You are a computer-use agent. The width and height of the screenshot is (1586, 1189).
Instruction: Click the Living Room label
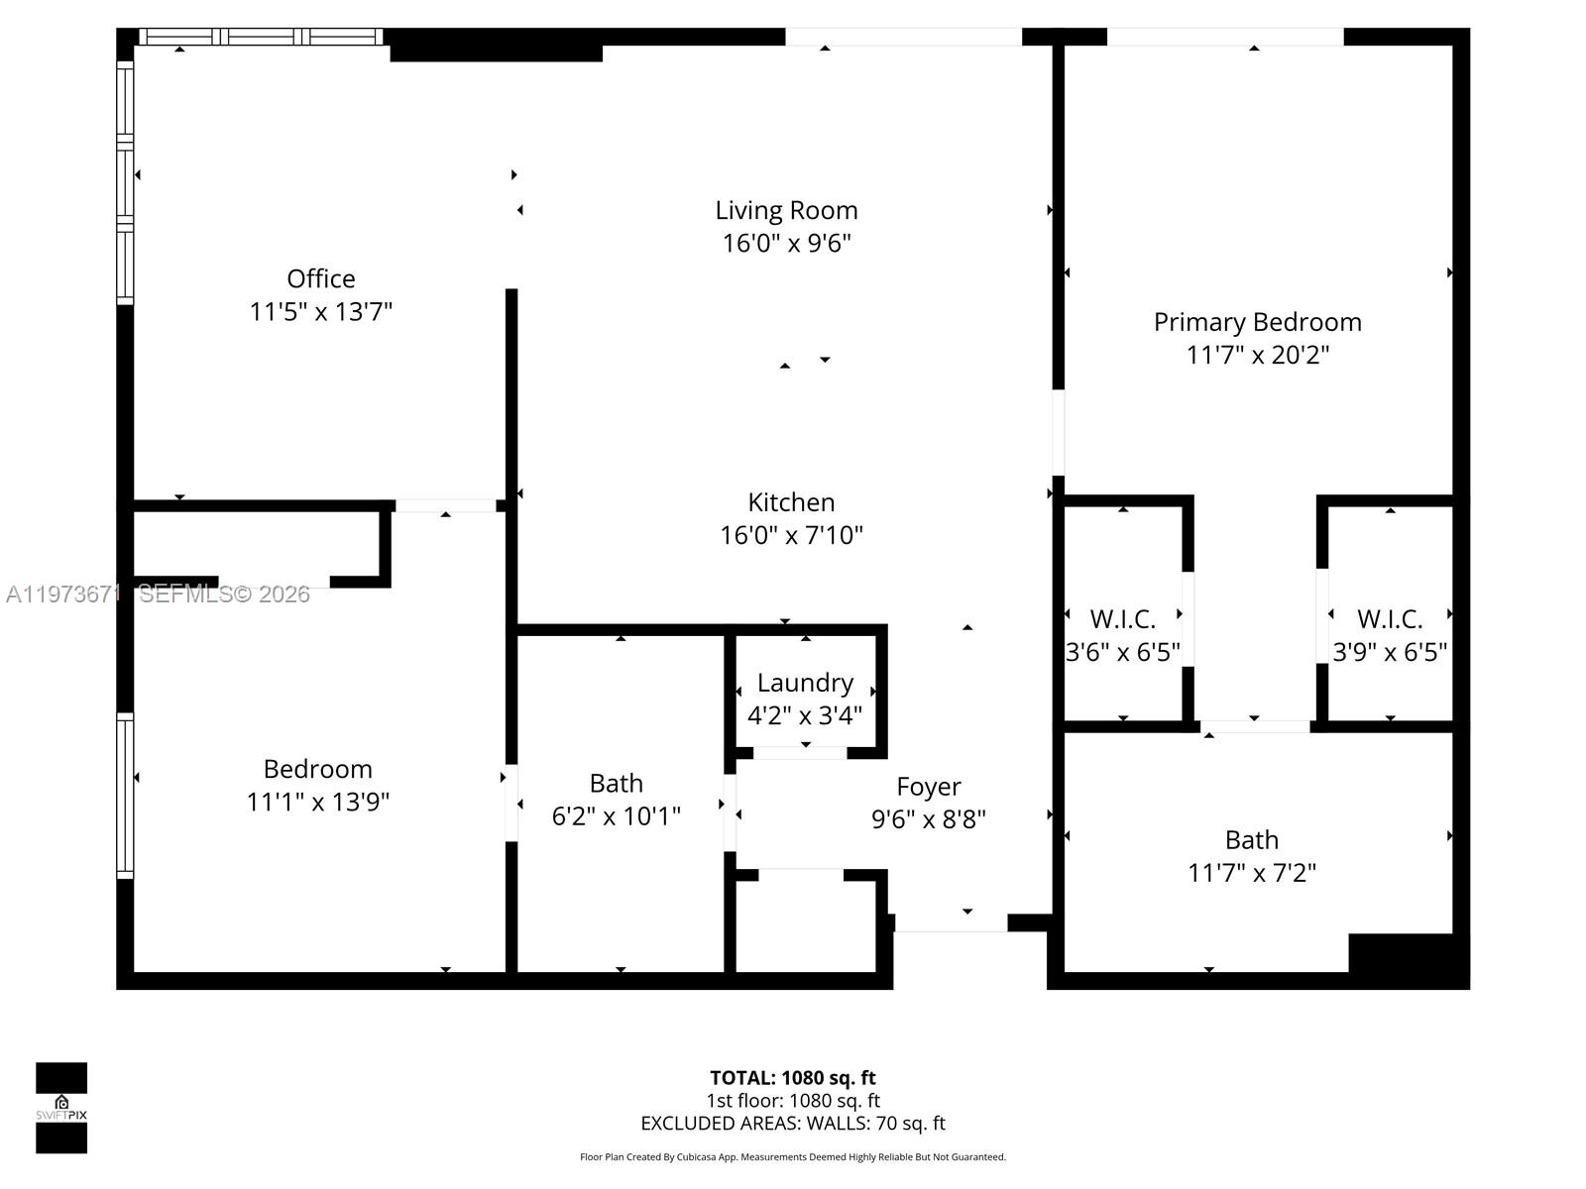tap(786, 210)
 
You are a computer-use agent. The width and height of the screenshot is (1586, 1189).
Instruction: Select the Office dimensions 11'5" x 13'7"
tap(320, 311)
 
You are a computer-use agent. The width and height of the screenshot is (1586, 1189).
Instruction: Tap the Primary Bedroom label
tap(1257, 322)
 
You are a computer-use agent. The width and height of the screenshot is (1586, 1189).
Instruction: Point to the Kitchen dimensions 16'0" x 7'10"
tap(791, 535)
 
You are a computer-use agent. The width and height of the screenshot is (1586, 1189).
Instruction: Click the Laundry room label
tap(805, 683)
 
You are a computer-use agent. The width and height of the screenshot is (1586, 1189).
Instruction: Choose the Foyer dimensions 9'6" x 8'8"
tap(928, 819)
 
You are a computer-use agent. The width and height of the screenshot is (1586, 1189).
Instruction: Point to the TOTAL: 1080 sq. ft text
tap(792, 1078)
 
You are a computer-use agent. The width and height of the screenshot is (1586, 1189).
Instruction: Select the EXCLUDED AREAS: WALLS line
tap(792, 1124)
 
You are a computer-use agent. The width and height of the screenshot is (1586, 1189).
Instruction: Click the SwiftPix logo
tap(61, 1108)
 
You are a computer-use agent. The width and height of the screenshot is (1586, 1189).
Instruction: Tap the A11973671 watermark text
tap(61, 594)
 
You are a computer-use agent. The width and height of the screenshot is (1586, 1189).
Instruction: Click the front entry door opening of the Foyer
tap(951, 923)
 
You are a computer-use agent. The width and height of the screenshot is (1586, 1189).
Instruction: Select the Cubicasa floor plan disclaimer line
tap(792, 1157)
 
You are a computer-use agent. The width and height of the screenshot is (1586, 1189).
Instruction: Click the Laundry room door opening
tap(800, 753)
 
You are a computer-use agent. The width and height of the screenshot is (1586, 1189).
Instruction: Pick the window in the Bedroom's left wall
tap(125, 796)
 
